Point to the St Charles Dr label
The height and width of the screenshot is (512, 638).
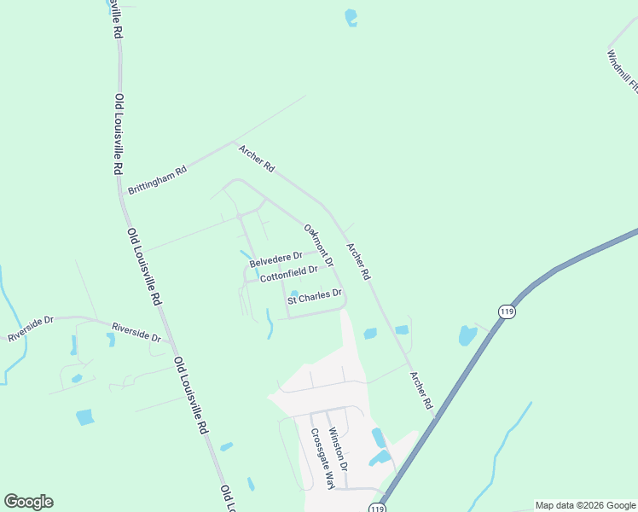pos(314,297)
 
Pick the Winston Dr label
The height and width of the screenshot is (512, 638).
pos(338,449)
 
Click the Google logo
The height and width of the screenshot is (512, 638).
pos(28,502)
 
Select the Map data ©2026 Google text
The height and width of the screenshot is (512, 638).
pos(586,505)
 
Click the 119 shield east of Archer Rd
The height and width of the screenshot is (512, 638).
pos(508,311)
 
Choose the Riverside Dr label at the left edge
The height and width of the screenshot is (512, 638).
pos(31,329)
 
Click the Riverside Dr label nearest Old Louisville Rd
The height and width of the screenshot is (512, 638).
pos(136,332)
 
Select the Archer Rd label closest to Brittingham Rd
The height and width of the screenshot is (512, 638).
pos(256,158)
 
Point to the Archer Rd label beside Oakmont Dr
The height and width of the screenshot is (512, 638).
pos(358,261)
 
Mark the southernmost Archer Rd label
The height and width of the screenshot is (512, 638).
pos(421,390)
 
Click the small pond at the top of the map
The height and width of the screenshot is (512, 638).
pos(351,16)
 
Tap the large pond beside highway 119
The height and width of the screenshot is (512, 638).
pos(468,335)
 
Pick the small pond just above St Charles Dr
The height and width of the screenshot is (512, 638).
pos(293,294)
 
